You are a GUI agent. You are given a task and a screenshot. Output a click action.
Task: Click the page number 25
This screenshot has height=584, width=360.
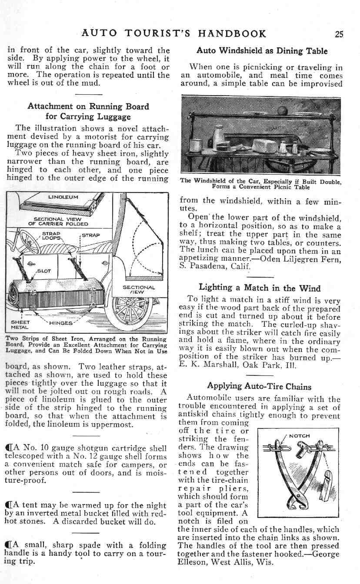339,34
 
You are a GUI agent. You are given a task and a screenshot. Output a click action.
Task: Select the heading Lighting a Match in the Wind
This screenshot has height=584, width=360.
260,288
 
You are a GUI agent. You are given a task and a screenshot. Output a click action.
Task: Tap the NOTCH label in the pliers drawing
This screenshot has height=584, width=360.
299,436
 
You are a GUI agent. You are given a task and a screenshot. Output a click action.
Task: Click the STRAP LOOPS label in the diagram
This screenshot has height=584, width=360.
52,236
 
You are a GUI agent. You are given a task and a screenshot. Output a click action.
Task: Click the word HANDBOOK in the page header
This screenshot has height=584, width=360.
233,34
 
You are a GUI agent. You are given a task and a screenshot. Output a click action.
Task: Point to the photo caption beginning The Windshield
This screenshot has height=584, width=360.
260,184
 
